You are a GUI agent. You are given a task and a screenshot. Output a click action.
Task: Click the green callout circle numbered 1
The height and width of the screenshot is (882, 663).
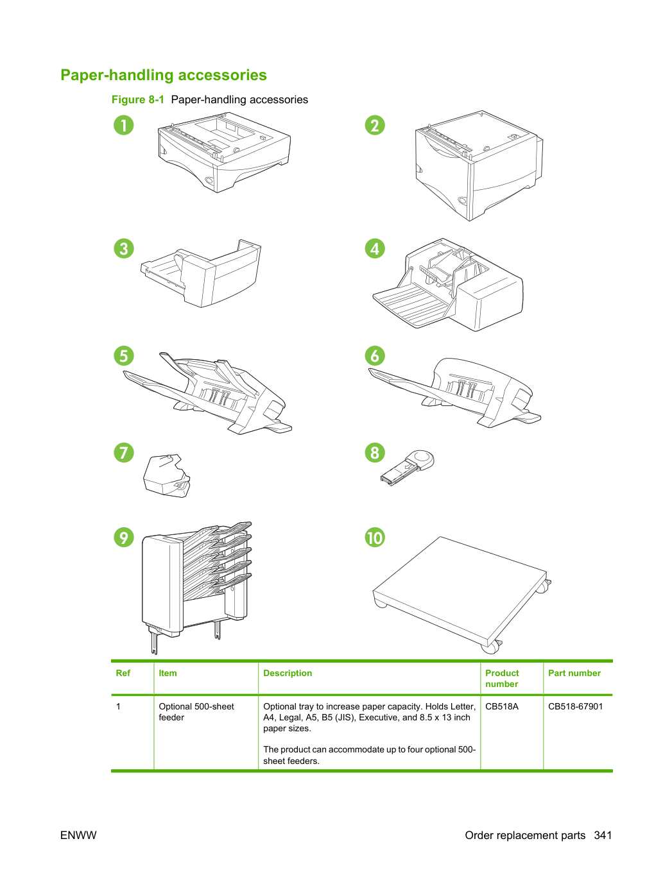tap(123, 125)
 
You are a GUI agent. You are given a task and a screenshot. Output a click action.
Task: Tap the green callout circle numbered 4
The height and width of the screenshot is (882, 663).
tap(375, 248)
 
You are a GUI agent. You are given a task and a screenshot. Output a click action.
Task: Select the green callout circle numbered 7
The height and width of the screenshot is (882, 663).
tap(123, 452)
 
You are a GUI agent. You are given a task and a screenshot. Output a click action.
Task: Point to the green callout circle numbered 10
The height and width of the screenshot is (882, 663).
tap(375, 538)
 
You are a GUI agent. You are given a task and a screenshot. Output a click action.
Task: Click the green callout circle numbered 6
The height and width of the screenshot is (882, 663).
tap(375, 355)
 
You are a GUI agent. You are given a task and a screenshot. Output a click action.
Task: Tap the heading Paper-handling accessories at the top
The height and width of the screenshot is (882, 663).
tap(164, 75)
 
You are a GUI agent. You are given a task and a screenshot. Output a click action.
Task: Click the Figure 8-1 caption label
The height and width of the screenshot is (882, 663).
tap(137, 99)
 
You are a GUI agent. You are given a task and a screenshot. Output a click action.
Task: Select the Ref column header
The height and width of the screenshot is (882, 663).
tap(123, 673)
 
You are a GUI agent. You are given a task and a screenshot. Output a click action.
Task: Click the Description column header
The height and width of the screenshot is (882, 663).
tap(288, 673)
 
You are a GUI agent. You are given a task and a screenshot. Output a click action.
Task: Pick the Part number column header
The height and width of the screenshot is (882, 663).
tap(574, 673)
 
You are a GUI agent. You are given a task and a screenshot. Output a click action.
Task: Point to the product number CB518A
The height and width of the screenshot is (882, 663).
tap(502, 706)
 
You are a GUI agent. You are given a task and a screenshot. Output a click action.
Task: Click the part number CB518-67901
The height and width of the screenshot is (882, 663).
tap(575, 706)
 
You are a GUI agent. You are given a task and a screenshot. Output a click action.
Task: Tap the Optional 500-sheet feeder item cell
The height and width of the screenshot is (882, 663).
tap(196, 711)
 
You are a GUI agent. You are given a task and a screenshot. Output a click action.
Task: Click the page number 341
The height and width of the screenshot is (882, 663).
tap(603, 835)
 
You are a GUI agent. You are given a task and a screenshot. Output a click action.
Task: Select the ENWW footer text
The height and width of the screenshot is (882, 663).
tap(78, 835)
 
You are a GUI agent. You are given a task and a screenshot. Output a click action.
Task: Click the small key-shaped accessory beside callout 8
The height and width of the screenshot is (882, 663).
tap(408, 468)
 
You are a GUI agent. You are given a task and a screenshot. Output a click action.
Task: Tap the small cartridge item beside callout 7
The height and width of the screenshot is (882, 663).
tap(166, 476)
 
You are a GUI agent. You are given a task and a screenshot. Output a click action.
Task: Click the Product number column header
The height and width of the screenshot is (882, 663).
tap(502, 678)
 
